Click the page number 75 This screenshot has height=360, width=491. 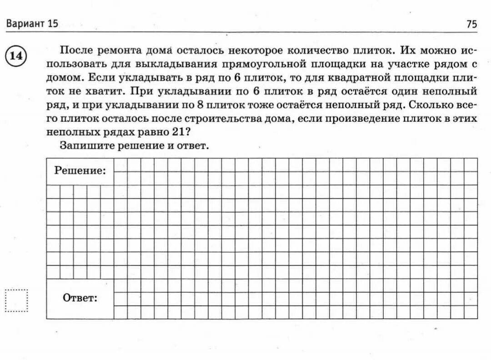click(472, 25)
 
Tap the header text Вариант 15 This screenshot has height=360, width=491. click(32, 24)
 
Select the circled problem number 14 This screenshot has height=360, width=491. click(16, 56)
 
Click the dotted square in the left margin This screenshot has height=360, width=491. click(16, 300)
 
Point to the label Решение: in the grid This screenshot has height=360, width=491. click(80, 171)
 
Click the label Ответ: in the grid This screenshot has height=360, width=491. click(80, 298)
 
